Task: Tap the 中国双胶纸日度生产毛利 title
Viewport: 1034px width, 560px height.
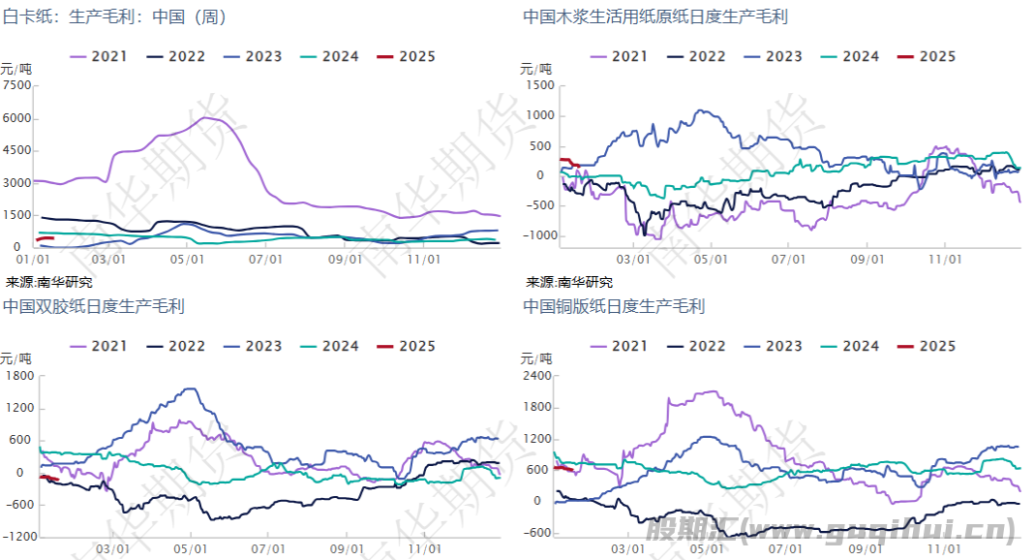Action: click(94, 306)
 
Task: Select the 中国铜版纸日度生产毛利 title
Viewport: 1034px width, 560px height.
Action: click(614, 306)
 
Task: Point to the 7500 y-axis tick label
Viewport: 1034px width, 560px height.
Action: click(17, 85)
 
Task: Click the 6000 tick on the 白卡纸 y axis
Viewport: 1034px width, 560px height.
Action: click(17, 118)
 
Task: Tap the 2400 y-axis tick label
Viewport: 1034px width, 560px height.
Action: click(536, 375)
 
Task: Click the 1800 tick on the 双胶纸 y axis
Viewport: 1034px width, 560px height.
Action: click(19, 375)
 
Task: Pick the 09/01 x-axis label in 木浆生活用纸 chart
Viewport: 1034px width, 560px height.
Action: click(867, 260)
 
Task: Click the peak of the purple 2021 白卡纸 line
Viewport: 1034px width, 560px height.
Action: click(205, 117)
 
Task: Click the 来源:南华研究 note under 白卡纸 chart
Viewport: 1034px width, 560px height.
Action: click(49, 283)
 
